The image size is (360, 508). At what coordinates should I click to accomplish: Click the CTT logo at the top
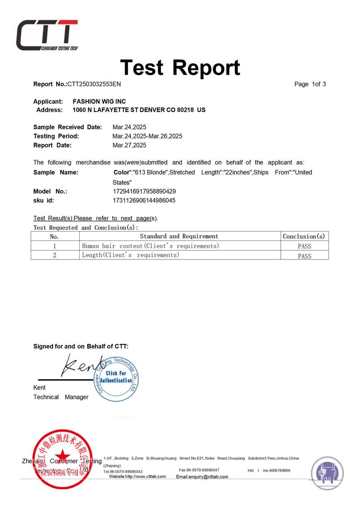click(47, 35)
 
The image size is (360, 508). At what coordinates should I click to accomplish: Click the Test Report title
click(180, 67)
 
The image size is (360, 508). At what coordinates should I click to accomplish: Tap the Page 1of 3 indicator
click(310, 84)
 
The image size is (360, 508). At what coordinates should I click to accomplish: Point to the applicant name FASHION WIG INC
click(99, 102)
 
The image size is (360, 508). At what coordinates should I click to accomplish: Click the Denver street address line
click(139, 110)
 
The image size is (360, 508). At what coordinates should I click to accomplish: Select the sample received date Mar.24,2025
click(129, 127)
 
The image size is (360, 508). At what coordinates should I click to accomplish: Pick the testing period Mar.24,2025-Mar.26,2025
click(147, 136)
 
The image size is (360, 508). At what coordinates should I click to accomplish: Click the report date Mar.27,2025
click(129, 145)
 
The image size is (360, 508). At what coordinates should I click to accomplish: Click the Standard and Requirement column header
click(179, 236)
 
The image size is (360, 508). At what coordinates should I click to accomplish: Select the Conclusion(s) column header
click(304, 236)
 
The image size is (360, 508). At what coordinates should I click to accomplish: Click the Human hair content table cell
click(150, 246)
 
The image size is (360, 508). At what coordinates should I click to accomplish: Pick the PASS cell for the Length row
click(304, 256)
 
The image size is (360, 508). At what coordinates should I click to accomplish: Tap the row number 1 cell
click(54, 246)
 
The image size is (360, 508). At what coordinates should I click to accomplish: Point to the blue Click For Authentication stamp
click(115, 377)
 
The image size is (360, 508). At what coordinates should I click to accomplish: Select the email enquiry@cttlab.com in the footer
click(202, 477)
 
